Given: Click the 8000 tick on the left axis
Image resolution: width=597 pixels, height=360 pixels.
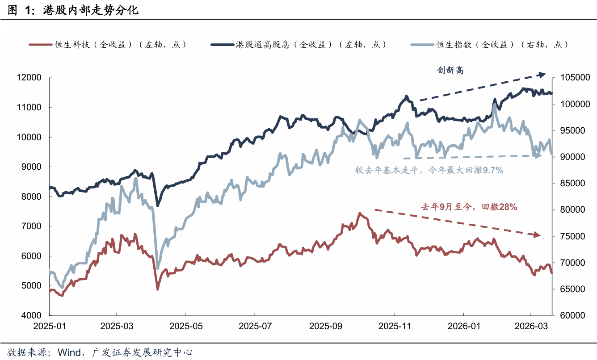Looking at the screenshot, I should click(31, 197).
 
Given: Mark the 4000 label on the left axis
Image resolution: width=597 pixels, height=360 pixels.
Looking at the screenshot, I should click(31, 315).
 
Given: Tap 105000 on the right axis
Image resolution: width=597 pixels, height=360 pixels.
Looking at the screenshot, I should click(572, 78).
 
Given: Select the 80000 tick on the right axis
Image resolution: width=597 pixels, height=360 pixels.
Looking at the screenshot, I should click(570, 210).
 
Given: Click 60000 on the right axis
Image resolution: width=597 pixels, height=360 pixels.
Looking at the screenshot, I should click(570, 315).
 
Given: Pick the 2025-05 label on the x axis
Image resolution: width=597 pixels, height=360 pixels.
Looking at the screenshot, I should click(186, 326).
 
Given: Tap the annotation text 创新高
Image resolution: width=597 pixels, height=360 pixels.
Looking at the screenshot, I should click(451, 70).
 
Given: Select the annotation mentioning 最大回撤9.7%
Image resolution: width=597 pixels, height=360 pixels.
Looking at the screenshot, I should click(429, 170).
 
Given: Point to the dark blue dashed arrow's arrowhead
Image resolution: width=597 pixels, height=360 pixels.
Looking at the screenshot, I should click(542, 74).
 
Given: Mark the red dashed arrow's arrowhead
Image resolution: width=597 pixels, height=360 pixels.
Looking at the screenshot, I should click(536, 235).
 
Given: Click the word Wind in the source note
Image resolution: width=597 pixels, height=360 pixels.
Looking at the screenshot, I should click(69, 352).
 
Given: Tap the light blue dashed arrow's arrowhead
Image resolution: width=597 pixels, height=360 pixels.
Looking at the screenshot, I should click(538, 155).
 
